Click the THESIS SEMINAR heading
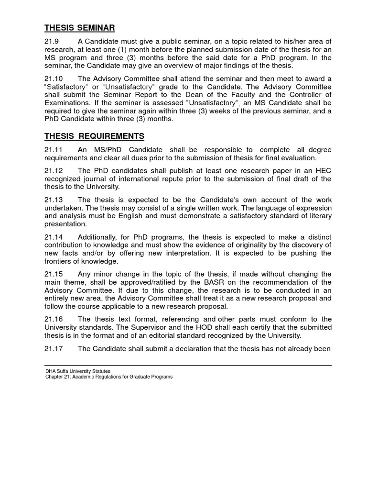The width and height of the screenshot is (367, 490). point(80,27)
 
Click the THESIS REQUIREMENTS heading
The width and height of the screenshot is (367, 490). point(94,136)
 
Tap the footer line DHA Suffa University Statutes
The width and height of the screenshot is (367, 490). point(78,371)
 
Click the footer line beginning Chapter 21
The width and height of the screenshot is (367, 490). point(108,377)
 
